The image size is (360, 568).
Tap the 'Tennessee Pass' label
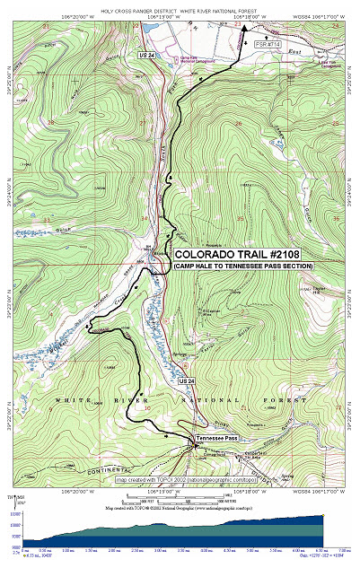point(218,438)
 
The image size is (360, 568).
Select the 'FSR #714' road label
point(268,43)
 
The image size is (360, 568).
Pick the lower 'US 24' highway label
point(187,381)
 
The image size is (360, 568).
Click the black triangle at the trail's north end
point(244,28)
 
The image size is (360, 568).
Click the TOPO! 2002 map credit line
point(193,480)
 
